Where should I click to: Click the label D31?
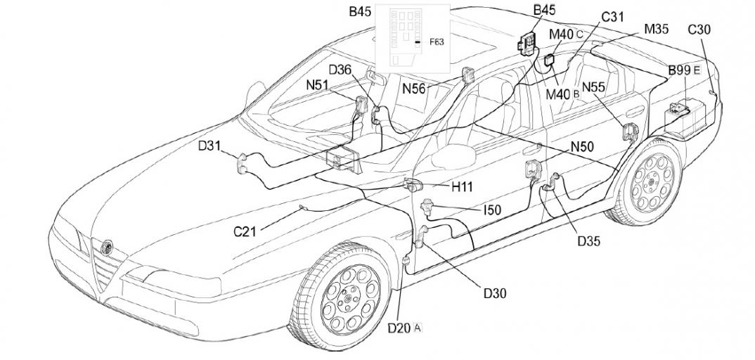point(209,146)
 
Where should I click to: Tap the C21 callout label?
point(245,231)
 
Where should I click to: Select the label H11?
point(462,187)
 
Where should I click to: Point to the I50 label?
point(491,210)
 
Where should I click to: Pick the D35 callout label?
point(589,241)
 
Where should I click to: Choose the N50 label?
point(582,147)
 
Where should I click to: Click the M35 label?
point(657,30)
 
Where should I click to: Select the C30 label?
point(699,30)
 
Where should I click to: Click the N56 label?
point(414,88)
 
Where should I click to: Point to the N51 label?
point(318,84)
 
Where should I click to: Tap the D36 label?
point(340,69)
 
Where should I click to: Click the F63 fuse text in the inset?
point(437,42)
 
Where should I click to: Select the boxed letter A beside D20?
point(418,327)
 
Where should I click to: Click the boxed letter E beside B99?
point(697,70)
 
